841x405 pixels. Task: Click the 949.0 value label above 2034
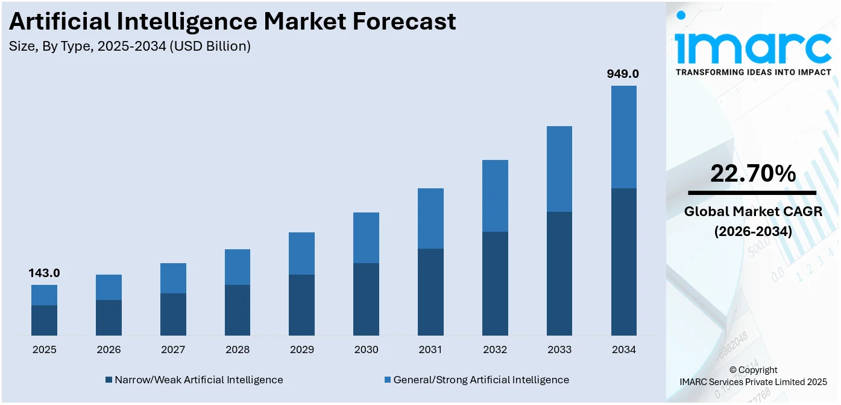[623, 74]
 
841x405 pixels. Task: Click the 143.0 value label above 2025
[44, 273]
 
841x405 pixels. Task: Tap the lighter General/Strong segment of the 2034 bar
[623, 136]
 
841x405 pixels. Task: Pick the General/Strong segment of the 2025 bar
[44, 295]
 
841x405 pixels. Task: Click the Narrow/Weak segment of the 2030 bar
[366, 299]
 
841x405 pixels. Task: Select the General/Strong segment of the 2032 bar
[495, 196]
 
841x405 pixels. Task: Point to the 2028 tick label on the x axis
[238, 349]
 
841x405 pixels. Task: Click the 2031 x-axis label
[430, 349]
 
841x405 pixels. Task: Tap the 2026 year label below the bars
[109, 349]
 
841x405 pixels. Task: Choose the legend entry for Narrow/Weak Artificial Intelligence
[194, 380]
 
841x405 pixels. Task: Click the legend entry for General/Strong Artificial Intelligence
[476, 380]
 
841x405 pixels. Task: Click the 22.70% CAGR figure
[752, 174]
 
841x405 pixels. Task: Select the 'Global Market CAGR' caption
[752, 211]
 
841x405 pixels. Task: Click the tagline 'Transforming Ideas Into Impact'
[752, 72]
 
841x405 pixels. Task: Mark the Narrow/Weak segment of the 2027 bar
[173, 314]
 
